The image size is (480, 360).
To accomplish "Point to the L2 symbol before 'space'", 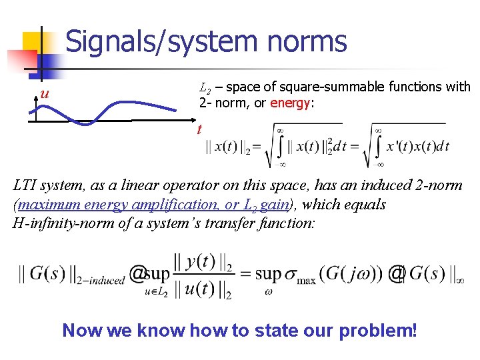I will point(206,87).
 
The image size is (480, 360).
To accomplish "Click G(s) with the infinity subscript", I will point(434,274).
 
